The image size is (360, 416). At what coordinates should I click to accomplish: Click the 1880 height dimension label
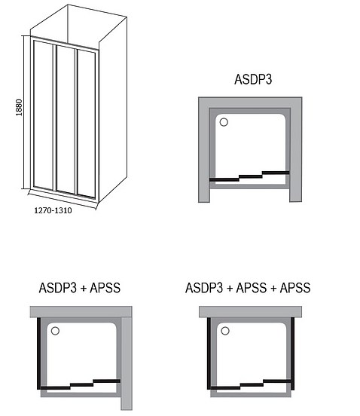[x=19, y=108]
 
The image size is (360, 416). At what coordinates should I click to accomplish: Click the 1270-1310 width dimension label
[x=53, y=210]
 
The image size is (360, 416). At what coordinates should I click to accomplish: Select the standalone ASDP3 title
[x=253, y=79]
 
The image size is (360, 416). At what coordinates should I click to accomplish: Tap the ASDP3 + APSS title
[x=80, y=288]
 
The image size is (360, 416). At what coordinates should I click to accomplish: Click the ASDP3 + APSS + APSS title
[x=248, y=288]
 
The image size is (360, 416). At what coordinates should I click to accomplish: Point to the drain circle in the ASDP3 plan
[x=224, y=122]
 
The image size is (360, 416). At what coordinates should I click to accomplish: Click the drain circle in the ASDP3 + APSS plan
[x=55, y=331]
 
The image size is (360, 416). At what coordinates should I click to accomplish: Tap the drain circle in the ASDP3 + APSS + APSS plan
[x=225, y=331]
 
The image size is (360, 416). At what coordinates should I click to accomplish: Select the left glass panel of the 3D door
[x=44, y=115]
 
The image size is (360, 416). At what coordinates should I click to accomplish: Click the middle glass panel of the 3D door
[x=66, y=120]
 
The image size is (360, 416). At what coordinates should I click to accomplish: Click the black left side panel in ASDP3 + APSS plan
[x=38, y=353]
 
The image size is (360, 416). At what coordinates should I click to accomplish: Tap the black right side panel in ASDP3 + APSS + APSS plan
[x=293, y=353]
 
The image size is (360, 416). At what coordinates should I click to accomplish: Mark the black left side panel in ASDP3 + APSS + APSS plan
[x=209, y=353]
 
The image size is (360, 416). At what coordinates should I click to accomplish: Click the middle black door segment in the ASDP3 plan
[x=251, y=176]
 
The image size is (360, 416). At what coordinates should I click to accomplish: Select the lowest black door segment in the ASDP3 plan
[x=224, y=179]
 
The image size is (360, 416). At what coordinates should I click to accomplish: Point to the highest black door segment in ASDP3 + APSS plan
[x=106, y=381]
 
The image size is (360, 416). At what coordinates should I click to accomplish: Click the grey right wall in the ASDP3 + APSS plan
[x=127, y=363]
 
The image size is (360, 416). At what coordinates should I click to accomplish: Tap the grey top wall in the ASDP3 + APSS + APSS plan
[x=250, y=312]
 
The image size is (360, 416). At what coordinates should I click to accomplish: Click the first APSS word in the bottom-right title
[x=252, y=288]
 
